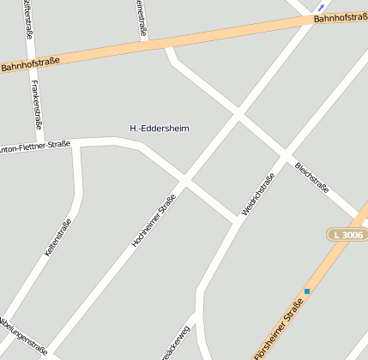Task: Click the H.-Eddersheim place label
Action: tap(159, 129)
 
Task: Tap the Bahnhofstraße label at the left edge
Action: tap(31, 63)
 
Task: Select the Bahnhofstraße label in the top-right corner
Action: tap(340, 17)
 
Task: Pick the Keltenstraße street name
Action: tap(57, 239)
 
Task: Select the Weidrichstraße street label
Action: tap(257, 195)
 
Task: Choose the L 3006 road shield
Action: tap(347, 235)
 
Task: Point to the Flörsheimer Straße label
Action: tap(279, 329)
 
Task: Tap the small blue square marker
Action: tap(306, 291)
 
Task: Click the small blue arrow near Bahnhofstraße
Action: tap(322, 7)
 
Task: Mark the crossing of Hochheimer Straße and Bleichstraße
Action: tap(238, 114)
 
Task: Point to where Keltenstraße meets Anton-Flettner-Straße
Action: tap(79, 143)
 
